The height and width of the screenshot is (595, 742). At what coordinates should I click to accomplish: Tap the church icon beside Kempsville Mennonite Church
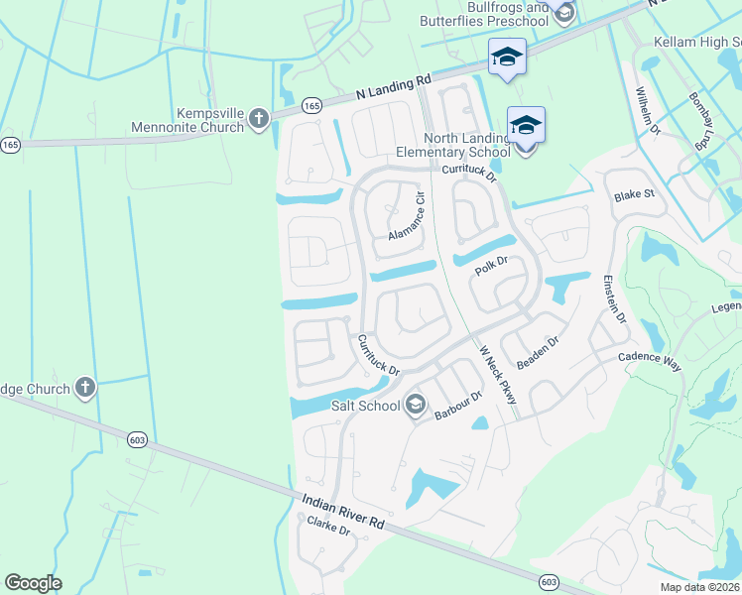pyautogui.click(x=258, y=120)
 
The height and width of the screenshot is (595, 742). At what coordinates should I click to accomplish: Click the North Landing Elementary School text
pyautogui.click(x=466, y=145)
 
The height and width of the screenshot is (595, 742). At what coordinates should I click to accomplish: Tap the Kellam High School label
pyautogui.click(x=696, y=43)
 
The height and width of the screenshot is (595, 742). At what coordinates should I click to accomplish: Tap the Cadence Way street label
pyautogui.click(x=650, y=360)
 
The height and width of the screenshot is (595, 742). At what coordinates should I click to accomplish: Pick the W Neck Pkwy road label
pyautogui.click(x=499, y=374)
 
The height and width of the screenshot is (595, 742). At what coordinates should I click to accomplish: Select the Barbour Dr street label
pyautogui.click(x=457, y=406)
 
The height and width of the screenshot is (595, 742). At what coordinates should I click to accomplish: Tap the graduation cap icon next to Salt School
pyautogui.click(x=415, y=404)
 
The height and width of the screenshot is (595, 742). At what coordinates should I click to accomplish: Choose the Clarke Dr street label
pyautogui.click(x=329, y=527)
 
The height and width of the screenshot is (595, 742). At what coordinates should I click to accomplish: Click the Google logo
pyautogui.click(x=33, y=582)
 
